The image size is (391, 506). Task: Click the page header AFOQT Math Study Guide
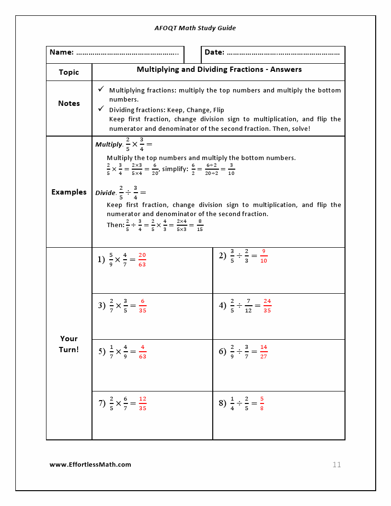[x=195, y=28]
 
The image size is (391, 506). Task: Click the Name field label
[x=62, y=52]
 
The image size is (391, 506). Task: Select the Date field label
[x=214, y=52]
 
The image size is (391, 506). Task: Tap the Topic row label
[x=69, y=72]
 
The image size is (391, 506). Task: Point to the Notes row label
[x=69, y=103]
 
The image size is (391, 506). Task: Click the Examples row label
[x=69, y=192]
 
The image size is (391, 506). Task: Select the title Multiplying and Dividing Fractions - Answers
[x=219, y=69]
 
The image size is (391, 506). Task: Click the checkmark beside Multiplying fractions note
[x=101, y=90]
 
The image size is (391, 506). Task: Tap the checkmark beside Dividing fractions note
[x=101, y=109]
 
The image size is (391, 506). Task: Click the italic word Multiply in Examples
[x=109, y=144]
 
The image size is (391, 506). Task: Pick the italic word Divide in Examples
[x=105, y=193]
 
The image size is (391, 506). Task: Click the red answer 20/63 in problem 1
[x=142, y=260]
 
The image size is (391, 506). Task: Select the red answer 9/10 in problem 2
[x=264, y=256]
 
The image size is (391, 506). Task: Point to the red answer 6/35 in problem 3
[x=142, y=306]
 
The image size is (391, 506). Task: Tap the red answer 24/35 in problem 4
[x=267, y=306]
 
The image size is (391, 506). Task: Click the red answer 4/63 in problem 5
[x=142, y=352]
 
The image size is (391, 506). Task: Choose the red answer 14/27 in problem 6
[x=264, y=352]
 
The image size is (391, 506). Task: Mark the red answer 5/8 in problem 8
[x=262, y=403]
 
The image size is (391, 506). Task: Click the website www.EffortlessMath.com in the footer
[x=90, y=464]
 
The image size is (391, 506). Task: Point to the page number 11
[x=336, y=465]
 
